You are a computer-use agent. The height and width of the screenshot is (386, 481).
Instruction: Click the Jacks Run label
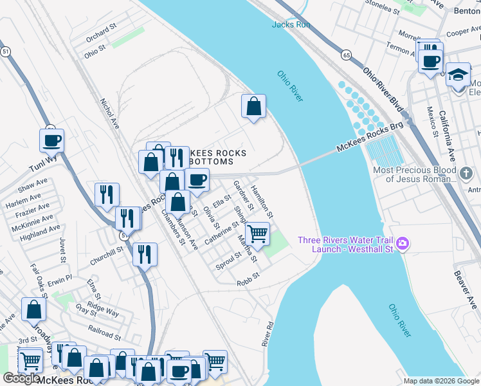tap(291, 24)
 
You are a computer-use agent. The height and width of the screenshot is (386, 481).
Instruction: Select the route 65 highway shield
tap(346, 55)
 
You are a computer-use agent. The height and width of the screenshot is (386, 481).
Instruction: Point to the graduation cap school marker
tap(458, 76)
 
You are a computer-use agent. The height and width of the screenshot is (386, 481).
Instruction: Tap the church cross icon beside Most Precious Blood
tap(467, 173)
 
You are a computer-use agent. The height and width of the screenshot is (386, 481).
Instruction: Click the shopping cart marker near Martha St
tap(258, 234)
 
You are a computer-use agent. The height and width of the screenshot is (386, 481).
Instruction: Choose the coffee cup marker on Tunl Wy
tap(51, 140)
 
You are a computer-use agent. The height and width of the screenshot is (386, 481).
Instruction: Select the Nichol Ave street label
tap(110, 113)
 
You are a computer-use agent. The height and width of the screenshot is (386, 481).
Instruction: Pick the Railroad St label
tap(104, 335)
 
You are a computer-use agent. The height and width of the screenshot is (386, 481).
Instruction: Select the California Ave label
tap(448, 135)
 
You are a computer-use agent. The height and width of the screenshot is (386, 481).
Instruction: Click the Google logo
tap(21, 378)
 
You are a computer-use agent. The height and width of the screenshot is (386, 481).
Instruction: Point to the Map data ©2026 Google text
tap(440, 381)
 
